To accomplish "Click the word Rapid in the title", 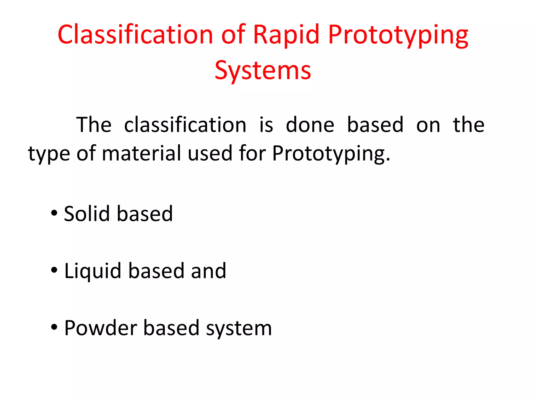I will (286, 34).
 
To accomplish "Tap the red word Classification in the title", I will (135, 34).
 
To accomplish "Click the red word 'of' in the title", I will (233, 34).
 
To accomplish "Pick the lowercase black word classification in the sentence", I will (185, 125).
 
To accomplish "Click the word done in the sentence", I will (310, 125).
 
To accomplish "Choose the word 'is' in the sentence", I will (266, 125).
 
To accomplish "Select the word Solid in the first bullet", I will (87, 214).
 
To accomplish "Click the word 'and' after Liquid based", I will (208, 271).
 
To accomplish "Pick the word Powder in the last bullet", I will (101, 328).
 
